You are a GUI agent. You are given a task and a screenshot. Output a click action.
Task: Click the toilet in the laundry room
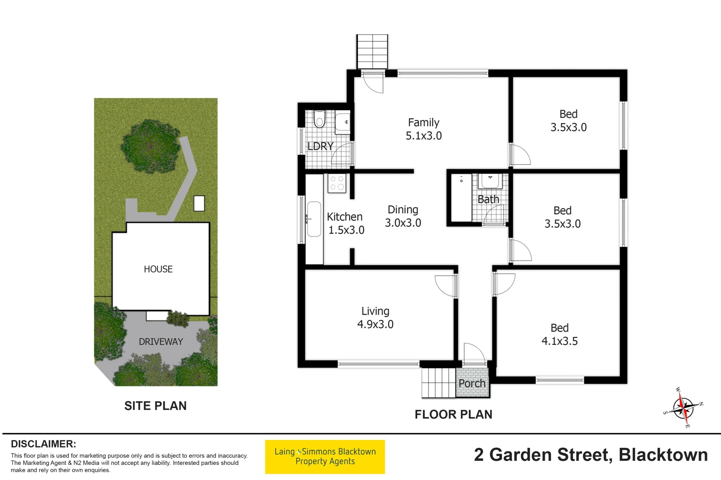320,119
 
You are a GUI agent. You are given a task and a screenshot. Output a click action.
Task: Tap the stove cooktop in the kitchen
337,183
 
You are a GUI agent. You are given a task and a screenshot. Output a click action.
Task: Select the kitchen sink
314,219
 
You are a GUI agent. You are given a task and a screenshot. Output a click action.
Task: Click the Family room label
423,123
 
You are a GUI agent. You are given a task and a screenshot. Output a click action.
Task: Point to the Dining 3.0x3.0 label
403,216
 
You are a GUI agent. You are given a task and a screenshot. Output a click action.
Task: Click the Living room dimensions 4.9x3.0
375,324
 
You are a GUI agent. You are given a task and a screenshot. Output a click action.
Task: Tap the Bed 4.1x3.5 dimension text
559,341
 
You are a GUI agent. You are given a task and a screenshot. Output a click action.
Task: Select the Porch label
472,383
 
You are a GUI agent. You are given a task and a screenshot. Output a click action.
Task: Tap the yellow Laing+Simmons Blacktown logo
325,457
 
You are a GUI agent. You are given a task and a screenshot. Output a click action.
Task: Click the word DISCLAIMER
43,444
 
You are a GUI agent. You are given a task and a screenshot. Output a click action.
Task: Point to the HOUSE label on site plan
158,269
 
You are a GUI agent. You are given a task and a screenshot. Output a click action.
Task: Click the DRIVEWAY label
161,342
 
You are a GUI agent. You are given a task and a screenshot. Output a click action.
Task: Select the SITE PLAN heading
155,406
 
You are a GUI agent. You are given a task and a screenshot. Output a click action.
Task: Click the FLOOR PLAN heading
453,415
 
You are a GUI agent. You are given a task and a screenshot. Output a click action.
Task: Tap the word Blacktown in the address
663,455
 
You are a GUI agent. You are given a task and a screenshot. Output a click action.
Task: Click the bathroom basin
490,181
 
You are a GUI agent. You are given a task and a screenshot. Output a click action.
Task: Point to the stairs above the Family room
372,52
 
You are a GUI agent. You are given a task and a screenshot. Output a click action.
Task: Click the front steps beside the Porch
438,383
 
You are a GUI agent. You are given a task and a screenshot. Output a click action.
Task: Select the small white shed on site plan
199,203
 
